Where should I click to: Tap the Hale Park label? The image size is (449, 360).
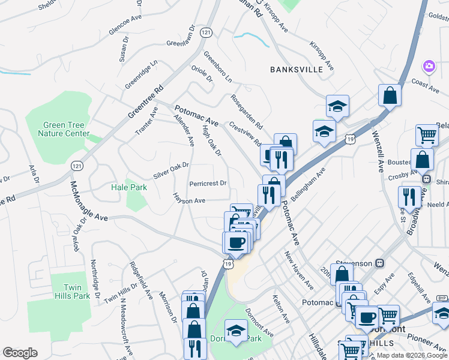tap(128, 187)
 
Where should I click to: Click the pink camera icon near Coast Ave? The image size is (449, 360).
tap(429, 65)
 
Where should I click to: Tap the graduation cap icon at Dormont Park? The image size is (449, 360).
tap(236, 330)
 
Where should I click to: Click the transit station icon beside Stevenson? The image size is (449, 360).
tap(379, 263)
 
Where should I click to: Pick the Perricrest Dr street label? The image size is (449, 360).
tap(208, 183)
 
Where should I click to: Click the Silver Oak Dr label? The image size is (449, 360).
tap(170, 170)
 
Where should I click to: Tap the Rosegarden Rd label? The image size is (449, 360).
tap(247, 112)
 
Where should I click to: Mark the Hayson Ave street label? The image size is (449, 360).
tap(190, 200)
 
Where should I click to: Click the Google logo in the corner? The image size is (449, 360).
tap(20, 353)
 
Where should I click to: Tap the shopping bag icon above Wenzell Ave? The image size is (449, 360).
tap(390, 95)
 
